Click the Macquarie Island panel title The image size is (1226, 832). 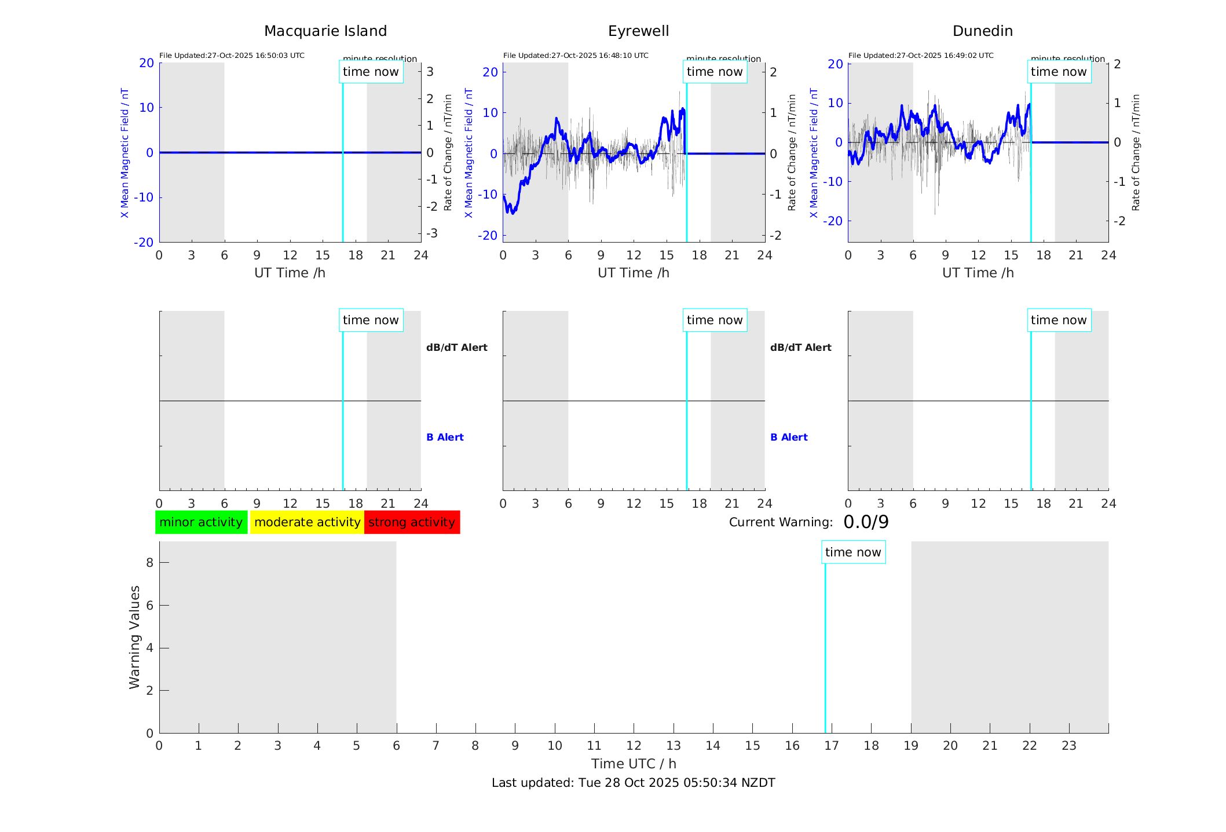[x=325, y=31]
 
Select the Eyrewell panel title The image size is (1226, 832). [x=638, y=31]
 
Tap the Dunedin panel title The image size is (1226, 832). [x=982, y=31]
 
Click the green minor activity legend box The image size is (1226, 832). [x=201, y=522]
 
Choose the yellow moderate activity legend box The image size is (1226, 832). [x=307, y=522]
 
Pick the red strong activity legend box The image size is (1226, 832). [x=412, y=522]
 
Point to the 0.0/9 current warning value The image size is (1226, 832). [x=866, y=522]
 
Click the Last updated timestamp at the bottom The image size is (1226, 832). [x=633, y=783]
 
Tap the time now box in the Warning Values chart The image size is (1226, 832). [x=853, y=552]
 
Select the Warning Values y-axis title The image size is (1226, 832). [x=134, y=637]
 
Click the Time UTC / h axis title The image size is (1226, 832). [x=633, y=764]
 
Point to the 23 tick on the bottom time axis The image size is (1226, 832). [x=1068, y=746]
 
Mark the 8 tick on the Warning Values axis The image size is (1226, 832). [x=149, y=563]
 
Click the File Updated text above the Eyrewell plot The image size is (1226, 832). [x=576, y=56]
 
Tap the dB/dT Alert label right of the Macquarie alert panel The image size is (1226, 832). [x=456, y=347]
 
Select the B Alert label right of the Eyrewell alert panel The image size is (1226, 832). [x=789, y=437]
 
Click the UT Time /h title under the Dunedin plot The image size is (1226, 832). [x=978, y=273]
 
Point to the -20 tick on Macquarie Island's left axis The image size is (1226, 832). [x=144, y=243]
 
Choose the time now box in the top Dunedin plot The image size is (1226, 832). [x=1059, y=72]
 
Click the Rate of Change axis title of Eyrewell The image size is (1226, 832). [x=792, y=152]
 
